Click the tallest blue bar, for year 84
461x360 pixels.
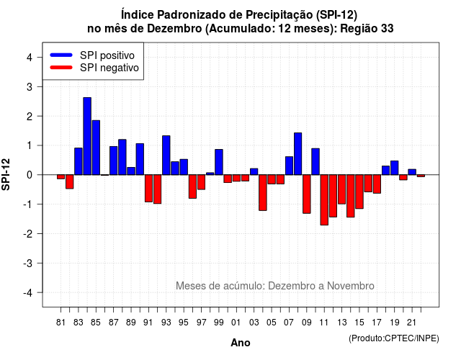pyautogui.click(x=87, y=136)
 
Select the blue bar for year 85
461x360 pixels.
pyautogui.click(x=96, y=148)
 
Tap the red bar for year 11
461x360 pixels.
pyautogui.click(x=324, y=200)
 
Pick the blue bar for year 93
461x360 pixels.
pyautogui.click(x=166, y=156)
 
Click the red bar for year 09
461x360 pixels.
pyautogui.click(x=307, y=194)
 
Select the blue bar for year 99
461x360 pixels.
pyautogui.click(x=219, y=162)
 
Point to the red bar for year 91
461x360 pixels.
pyautogui.click(x=148, y=189)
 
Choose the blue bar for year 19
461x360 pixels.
pyautogui.click(x=395, y=168)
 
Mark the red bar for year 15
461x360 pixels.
pyautogui.click(x=359, y=192)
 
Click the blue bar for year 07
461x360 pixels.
pyautogui.click(x=289, y=166)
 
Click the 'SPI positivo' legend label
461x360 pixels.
pyautogui.click(x=107, y=55)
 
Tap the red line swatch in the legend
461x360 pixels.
pyautogui.click(x=61, y=68)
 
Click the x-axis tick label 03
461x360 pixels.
pyautogui.click(x=254, y=323)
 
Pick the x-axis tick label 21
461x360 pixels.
pyautogui.click(x=411, y=323)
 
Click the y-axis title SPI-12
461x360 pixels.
pyautogui.click(x=6, y=174)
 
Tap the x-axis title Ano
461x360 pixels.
pyautogui.click(x=241, y=343)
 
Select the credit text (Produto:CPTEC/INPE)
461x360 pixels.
pyautogui.click(x=394, y=338)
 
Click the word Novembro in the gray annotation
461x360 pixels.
pyautogui.click(x=351, y=286)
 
